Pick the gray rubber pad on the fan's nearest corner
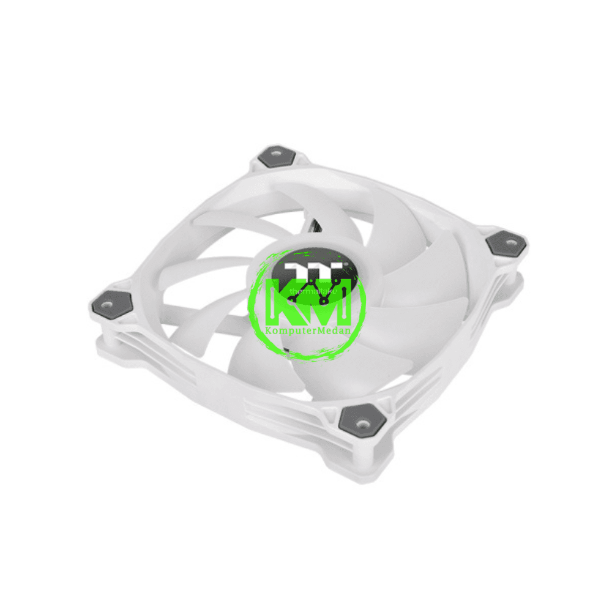[360, 419]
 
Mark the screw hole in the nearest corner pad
[362, 420]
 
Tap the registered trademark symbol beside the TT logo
[346, 265]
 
